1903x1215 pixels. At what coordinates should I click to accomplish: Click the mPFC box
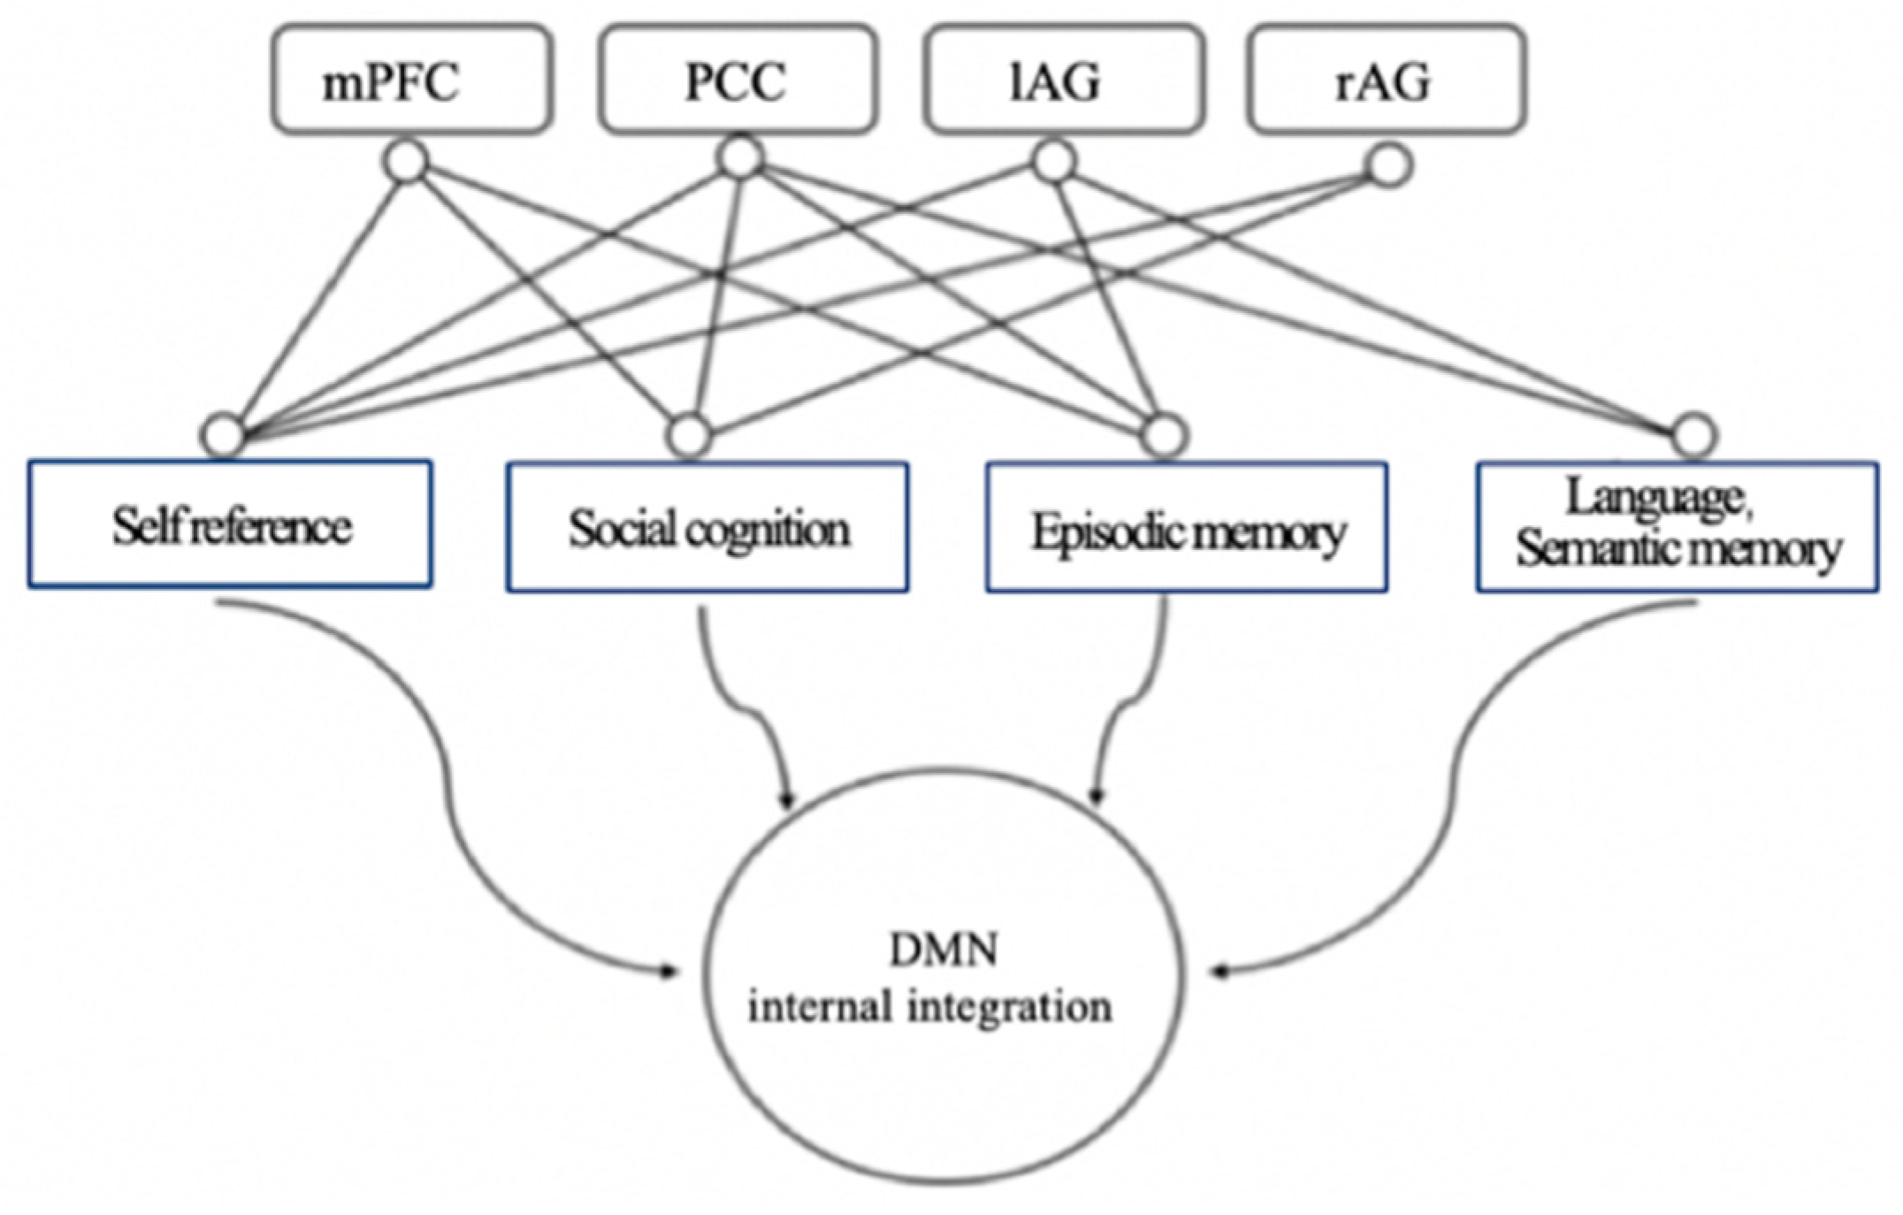[x=412, y=80]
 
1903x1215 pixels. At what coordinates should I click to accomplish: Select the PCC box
[x=738, y=80]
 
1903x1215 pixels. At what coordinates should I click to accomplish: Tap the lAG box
[x=1063, y=80]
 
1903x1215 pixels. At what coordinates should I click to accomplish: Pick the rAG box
[x=1386, y=80]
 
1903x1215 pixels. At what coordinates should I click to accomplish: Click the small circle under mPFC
[x=406, y=163]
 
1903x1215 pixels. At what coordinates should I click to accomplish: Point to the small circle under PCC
[x=740, y=157]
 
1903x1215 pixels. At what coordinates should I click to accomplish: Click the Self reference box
[x=230, y=525]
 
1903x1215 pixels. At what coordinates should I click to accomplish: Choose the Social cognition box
[x=707, y=528]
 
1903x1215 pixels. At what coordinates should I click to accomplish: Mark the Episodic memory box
[x=1187, y=530]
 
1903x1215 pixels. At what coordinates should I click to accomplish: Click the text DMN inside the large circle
[x=944, y=951]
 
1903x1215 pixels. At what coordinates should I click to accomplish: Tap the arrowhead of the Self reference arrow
[x=671, y=973]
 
